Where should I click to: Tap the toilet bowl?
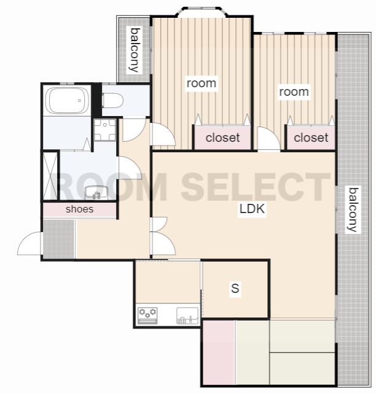112,101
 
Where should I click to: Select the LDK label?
252,209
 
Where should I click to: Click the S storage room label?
235,288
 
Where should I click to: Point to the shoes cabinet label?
79,209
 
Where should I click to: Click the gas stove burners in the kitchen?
147,316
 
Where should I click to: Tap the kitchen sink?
187,316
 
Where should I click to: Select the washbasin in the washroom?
96,193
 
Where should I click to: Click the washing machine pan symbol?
105,130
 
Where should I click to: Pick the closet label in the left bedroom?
223,138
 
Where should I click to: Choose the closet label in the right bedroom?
311,138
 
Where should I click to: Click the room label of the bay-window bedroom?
202,84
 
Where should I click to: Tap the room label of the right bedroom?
294,92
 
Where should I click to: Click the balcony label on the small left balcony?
135,50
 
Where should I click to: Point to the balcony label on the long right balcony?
353,209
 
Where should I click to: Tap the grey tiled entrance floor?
59,239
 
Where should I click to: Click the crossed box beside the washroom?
50,176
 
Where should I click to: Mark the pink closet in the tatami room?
219,352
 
